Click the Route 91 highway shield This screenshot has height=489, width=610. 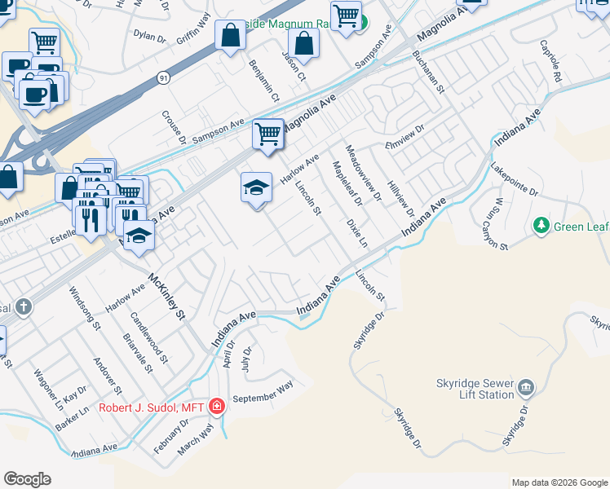[x=164, y=77]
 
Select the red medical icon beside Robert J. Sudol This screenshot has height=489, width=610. [x=216, y=406]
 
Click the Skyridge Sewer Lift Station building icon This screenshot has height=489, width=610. [x=526, y=385]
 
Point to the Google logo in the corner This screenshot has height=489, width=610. [x=27, y=479]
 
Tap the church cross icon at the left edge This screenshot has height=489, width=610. [x=24, y=307]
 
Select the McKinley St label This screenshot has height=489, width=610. [x=167, y=297]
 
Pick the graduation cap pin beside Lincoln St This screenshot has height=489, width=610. [x=256, y=188]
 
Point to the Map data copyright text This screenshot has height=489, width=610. [x=559, y=482]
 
